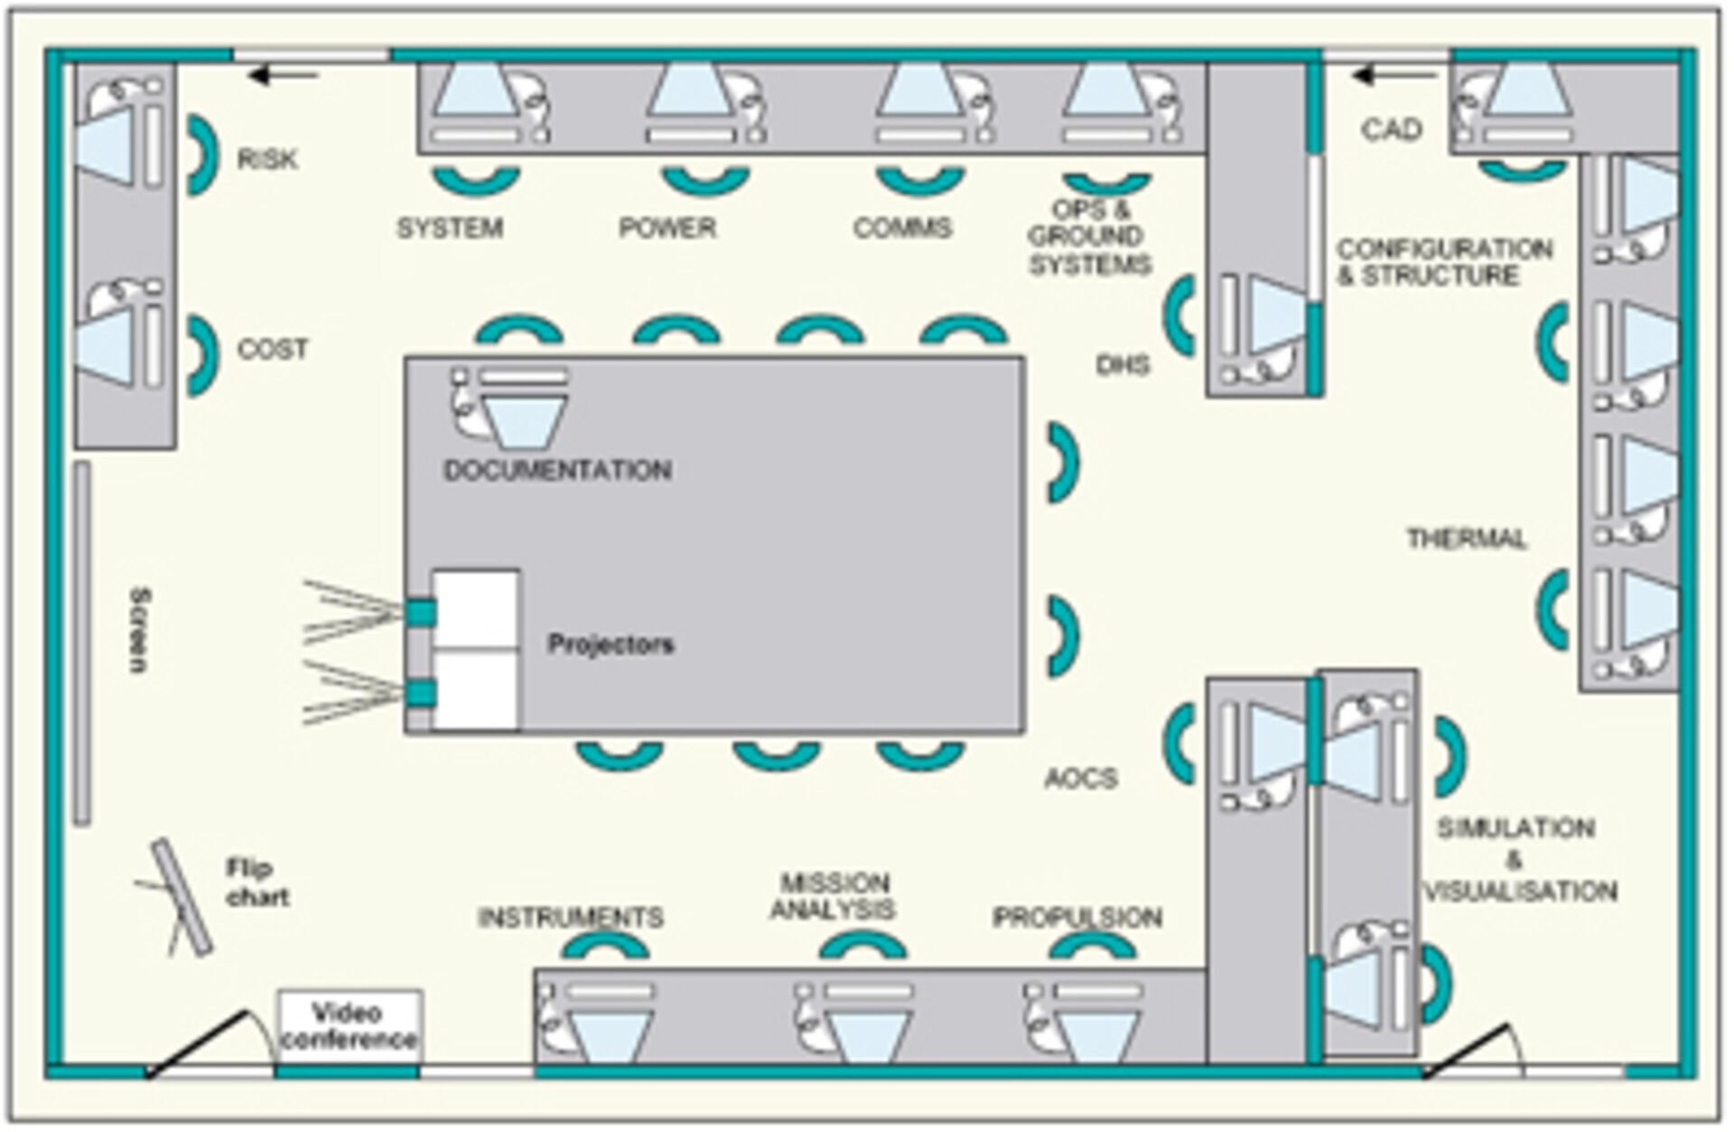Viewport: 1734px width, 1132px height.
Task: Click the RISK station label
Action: [x=266, y=160]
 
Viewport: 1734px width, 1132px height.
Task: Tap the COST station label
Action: [x=272, y=350]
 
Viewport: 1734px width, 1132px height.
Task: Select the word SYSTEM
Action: [x=450, y=229]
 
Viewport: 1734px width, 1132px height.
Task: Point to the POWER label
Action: [x=667, y=228]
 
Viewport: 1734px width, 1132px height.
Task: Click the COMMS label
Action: [x=902, y=228]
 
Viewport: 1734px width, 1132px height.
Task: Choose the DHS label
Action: [x=1123, y=365]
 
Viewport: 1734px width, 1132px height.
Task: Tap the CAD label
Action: [x=1391, y=130]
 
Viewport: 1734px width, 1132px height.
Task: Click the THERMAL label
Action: [x=1467, y=539]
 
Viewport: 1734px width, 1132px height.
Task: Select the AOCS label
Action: [x=1081, y=779]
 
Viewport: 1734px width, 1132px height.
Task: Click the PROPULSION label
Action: [x=1077, y=918]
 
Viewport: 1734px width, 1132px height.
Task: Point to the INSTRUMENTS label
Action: [x=570, y=918]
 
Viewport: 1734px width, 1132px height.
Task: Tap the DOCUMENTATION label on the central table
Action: [x=557, y=471]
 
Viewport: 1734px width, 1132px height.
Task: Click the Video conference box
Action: [x=350, y=1026]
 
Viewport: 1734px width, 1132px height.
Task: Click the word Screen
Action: [x=139, y=630]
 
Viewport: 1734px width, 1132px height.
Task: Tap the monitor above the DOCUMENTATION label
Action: [x=522, y=419]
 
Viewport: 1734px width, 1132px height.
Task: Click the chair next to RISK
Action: [x=202, y=155]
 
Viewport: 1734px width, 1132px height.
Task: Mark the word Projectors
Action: [x=611, y=645]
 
